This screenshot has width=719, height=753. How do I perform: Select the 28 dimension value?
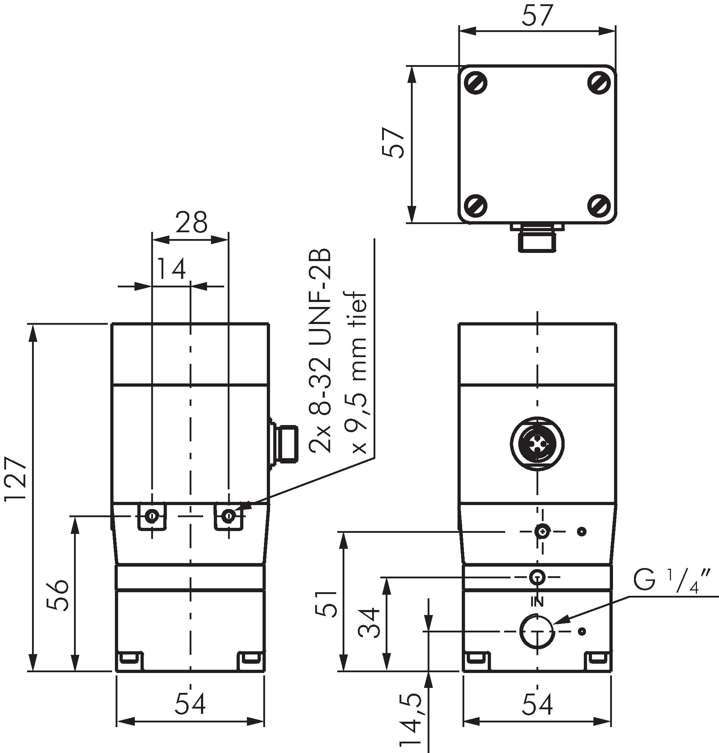(x=191, y=222)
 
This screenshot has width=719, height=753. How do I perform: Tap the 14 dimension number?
(x=171, y=269)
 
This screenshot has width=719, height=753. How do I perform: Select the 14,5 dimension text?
(x=411, y=720)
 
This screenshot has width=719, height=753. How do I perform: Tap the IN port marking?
(x=537, y=603)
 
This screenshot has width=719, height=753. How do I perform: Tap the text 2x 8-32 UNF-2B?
(x=321, y=351)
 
